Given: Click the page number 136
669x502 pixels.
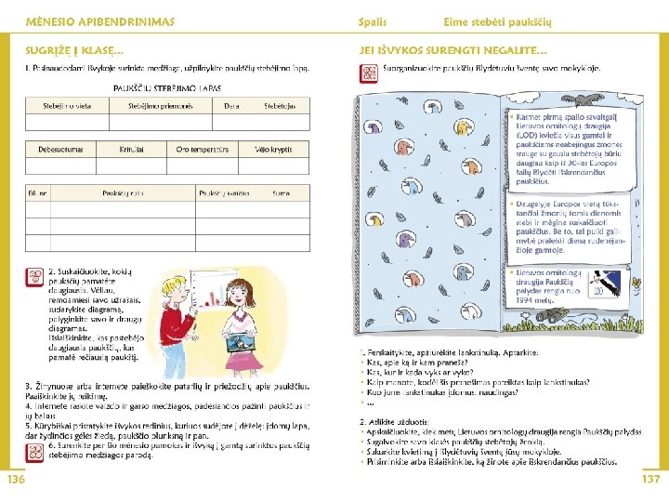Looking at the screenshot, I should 16,479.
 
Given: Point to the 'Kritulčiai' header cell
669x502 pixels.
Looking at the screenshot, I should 131,149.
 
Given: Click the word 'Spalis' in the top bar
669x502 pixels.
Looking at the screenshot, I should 373,20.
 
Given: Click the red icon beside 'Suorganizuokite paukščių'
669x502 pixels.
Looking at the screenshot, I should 369,72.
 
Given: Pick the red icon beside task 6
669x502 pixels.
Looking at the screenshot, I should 34,453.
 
